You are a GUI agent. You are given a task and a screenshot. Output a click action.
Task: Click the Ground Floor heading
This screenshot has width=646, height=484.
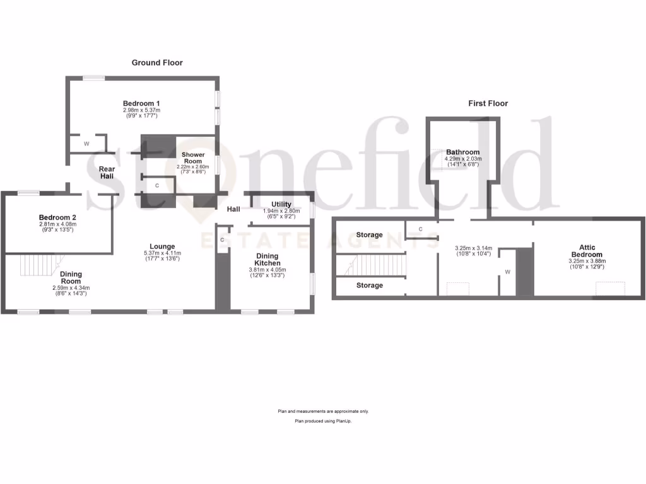coord(157,62)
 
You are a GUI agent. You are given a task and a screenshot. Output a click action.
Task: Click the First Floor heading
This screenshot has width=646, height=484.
coord(488,103)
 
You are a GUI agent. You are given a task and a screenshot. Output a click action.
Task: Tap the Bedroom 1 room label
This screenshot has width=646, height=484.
coord(141,103)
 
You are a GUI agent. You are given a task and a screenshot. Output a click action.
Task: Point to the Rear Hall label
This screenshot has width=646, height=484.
coord(107,172)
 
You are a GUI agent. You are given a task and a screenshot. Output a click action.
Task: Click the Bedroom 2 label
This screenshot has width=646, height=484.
coord(57,217)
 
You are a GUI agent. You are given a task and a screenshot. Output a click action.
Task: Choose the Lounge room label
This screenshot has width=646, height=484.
coord(162,246)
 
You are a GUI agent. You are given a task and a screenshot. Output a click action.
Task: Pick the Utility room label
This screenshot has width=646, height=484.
coord(281,204)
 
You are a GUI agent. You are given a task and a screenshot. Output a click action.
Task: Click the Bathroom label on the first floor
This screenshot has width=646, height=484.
coord(463,152)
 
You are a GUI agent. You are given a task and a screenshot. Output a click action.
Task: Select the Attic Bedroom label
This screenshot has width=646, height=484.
coord(587,251)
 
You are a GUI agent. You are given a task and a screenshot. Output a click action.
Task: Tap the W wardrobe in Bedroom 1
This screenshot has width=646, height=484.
coord(87,144)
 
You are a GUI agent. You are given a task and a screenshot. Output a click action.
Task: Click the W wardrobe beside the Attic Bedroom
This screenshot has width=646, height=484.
coord(508,273)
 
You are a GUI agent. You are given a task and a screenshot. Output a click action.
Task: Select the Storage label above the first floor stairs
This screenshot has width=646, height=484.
coord(369,235)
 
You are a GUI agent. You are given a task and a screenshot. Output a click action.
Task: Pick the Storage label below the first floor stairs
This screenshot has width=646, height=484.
coord(369,285)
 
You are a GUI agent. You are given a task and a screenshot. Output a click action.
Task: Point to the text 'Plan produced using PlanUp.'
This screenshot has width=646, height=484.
coord(323,420)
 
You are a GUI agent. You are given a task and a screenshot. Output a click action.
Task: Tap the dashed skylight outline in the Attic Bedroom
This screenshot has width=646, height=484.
coord(611,289)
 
